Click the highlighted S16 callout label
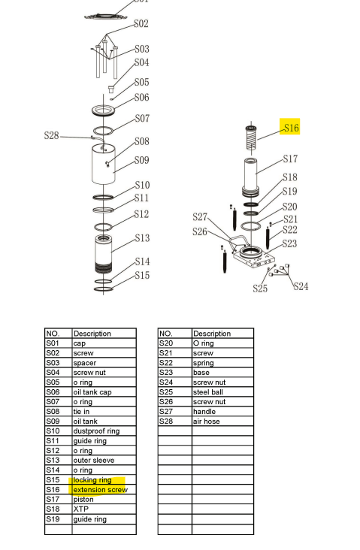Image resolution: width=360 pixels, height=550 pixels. coord(290,128)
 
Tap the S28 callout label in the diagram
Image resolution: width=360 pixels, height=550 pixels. coord(51,135)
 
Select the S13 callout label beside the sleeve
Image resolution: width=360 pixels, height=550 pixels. coord(142,238)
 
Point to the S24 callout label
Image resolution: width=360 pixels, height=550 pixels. coord(301,286)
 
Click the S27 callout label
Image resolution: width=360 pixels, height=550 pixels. coord(200,217)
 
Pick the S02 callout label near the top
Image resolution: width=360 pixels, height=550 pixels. coord(141,24)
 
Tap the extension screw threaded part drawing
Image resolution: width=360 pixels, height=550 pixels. coord(253,138)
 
